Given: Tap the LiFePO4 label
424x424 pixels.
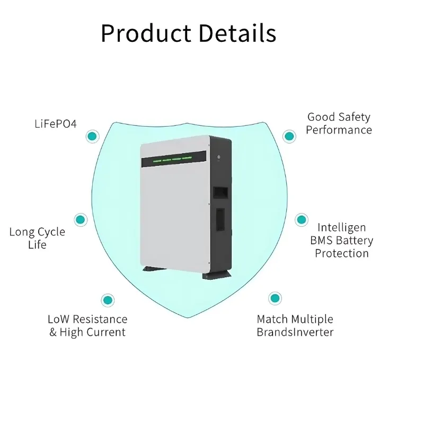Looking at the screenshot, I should point(56,124).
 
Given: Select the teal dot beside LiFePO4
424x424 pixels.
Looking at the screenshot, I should point(93,136).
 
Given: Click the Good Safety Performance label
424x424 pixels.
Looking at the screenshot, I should point(339,123).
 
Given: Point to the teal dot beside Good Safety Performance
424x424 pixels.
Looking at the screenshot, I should point(289,136).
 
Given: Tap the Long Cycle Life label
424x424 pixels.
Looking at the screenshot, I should point(37,238).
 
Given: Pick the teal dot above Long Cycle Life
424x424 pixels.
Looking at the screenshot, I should point(81,219).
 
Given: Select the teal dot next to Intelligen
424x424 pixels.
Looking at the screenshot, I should point(301,219).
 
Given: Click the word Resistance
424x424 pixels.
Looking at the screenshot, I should point(100,319).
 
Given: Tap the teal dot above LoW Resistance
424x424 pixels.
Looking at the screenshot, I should point(108,300).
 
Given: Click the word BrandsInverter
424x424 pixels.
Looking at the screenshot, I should point(295,332).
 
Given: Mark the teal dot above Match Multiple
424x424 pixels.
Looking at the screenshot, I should point(274,298).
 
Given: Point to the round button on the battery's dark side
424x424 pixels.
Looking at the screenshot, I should point(218,157).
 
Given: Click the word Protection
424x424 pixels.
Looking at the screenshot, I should point(342,253).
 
